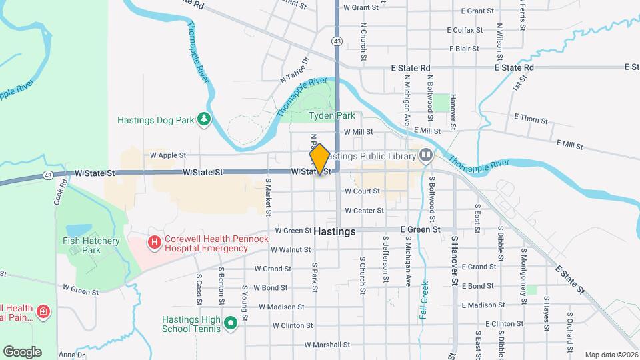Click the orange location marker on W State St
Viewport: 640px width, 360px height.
319,159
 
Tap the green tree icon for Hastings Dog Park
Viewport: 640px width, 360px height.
204,121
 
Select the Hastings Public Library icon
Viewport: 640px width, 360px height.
426,156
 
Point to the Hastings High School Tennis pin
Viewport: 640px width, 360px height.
231,324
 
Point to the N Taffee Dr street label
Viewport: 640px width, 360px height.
295,69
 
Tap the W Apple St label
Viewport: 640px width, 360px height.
168,155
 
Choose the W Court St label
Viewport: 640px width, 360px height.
362,191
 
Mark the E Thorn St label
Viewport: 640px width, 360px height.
531,121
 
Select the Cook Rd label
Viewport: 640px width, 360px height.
61,191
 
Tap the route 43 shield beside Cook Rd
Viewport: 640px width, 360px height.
48,175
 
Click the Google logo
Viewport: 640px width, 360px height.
22,351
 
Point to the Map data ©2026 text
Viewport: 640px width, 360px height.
611,355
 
